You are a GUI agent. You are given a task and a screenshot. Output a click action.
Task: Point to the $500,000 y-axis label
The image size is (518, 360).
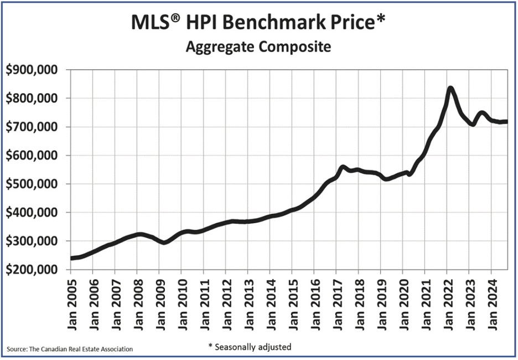tap(34, 184)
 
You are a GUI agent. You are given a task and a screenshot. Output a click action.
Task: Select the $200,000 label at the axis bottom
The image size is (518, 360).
tap(34, 270)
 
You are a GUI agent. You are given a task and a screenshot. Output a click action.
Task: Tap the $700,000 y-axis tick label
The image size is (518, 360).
tap(34, 127)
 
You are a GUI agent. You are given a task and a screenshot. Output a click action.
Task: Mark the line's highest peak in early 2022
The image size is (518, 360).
tap(450, 88)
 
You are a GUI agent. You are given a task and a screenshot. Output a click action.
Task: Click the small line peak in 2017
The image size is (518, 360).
tap(343, 167)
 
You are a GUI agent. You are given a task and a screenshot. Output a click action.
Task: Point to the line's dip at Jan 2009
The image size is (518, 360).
tap(164, 243)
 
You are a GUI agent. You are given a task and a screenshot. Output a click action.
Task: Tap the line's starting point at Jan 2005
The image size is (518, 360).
tap(71, 258)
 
